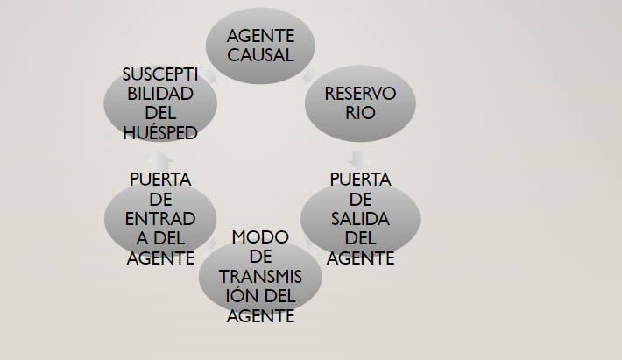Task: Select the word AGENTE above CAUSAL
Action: point(259,37)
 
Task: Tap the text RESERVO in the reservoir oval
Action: point(360,94)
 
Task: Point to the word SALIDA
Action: point(360,218)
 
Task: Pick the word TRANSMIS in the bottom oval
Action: point(259,277)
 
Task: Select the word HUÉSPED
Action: point(160,133)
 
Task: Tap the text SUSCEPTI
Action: point(160,74)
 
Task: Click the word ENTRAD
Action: point(160,218)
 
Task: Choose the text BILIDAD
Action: point(160,94)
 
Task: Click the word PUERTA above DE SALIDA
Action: point(360,180)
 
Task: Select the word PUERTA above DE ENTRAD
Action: point(160,180)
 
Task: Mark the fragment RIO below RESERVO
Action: point(360,113)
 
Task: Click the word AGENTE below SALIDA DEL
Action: point(360,258)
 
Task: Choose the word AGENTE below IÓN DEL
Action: point(259,316)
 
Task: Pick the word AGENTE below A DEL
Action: point(160,258)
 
